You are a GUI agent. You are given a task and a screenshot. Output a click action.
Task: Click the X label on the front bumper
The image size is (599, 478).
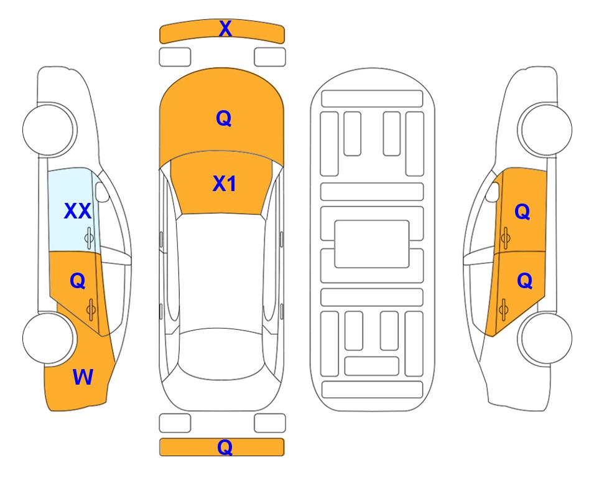coord(225,29)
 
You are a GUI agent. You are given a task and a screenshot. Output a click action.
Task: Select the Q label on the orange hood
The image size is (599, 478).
coord(224,118)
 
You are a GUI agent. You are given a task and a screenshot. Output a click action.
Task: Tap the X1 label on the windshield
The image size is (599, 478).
coord(225,184)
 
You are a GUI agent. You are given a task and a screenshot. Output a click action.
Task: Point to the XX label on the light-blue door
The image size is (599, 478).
coord(78,211)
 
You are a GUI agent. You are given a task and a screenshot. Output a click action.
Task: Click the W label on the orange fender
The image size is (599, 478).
coord(83,377)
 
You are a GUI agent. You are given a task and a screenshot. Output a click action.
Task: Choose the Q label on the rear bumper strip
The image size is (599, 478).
coord(225,447)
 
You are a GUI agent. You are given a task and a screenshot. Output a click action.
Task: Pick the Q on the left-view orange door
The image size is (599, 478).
coord(78,281)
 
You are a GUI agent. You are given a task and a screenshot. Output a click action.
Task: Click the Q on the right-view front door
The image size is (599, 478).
coord(522,212)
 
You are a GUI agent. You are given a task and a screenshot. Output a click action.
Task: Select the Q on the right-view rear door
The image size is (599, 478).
coord(524,281)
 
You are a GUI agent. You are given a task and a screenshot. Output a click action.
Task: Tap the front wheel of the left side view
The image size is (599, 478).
coord(49,129)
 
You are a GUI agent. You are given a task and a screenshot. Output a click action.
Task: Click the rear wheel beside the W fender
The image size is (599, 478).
coord(49,338)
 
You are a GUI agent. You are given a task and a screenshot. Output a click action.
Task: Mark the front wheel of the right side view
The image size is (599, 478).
coord(546,129)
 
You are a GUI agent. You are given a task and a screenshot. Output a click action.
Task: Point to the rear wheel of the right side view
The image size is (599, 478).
coord(546,338)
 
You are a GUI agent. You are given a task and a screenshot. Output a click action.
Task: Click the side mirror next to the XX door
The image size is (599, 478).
coord(101,192)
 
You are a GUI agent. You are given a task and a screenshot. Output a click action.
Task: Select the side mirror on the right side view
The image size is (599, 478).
coord(493,192)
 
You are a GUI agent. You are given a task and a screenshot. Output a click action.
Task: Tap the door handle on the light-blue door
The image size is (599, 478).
coord(90,238)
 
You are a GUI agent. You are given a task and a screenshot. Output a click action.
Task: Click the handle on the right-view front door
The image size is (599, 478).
coord(505,238)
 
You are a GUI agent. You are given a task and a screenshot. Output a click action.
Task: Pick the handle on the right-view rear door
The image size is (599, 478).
coord(503,309)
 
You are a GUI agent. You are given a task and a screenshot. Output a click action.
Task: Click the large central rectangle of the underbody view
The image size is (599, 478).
coord(372,244)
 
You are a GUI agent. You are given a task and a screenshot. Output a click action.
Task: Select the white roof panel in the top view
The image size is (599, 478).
coord(220,272)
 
